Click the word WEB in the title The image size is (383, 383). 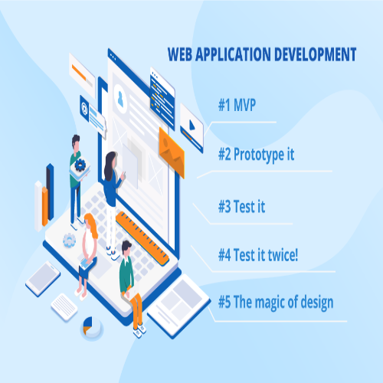(179, 54)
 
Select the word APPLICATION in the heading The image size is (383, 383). (231, 54)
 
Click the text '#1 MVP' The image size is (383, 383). (237, 105)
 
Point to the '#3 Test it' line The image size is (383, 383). (241, 205)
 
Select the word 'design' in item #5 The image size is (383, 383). (315, 303)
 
